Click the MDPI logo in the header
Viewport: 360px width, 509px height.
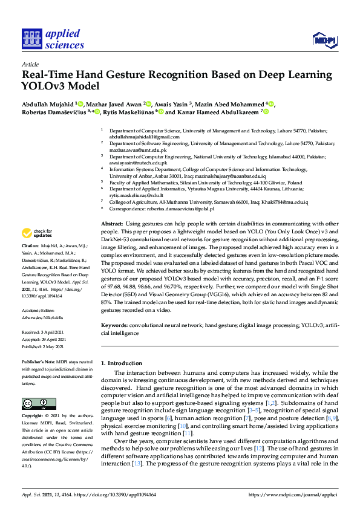[x=324, y=40]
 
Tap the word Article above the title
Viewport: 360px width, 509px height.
[x=30, y=63]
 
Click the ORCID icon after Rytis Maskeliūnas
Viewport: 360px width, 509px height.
[x=162, y=112]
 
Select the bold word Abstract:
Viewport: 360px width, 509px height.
[x=111, y=224]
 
